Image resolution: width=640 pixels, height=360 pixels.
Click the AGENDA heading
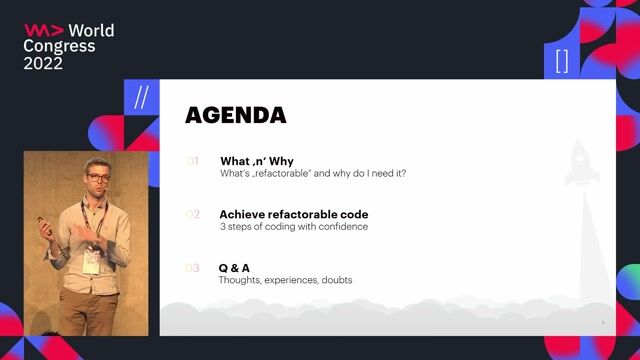tap(236, 115)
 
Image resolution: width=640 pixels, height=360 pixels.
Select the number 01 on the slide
tap(193, 161)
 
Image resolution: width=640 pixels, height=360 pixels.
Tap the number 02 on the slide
tap(193, 214)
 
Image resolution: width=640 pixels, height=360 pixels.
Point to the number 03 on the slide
tap(193, 268)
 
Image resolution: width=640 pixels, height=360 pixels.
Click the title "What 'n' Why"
tap(257, 161)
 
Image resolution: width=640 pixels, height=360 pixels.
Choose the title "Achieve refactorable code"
tap(294, 214)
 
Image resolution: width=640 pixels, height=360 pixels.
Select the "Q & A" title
tap(235, 268)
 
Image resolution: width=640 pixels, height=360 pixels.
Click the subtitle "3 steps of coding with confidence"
tap(294, 227)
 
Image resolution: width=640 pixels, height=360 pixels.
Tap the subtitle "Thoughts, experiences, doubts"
tap(285, 280)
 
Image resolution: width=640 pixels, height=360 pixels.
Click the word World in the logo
tap(91, 30)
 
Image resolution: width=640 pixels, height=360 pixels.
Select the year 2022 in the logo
tap(43, 63)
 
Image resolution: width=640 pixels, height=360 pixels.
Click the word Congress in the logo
tap(59, 46)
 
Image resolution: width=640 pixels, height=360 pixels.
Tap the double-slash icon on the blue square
tap(141, 97)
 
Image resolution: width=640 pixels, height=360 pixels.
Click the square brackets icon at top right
tap(561, 61)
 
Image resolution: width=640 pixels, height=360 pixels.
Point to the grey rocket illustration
tap(582, 165)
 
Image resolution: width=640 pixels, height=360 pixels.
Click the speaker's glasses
tap(98, 178)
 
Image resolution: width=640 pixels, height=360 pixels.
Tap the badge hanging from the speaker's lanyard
tap(92, 261)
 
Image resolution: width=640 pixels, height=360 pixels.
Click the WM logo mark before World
tap(44, 30)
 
